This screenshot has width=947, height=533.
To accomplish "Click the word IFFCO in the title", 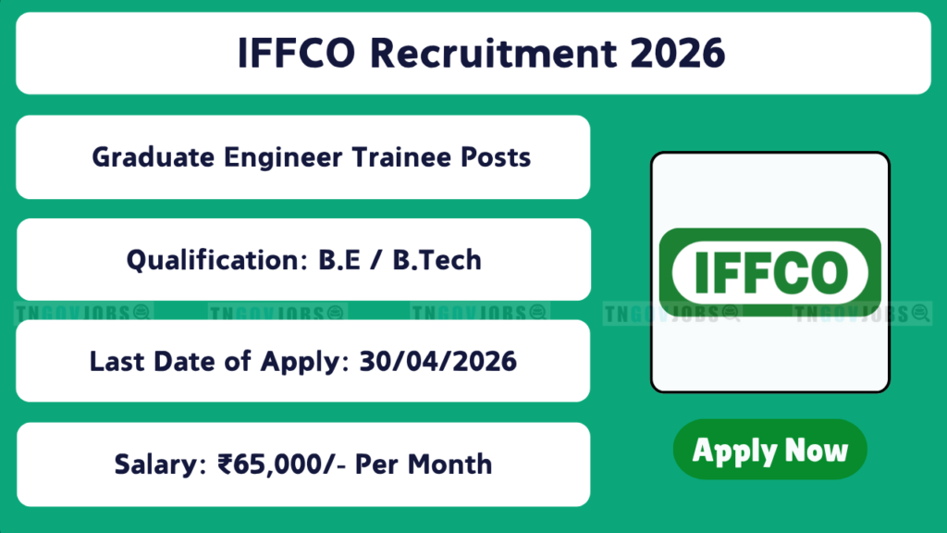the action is tap(297, 53).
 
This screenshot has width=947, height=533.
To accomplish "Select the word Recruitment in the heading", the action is tap(494, 53).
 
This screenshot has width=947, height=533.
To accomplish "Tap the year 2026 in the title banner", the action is tap(678, 53).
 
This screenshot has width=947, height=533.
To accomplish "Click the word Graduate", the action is tap(154, 157).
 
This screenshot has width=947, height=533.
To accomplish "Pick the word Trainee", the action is tap(401, 157).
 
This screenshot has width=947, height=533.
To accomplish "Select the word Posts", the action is tap(496, 157).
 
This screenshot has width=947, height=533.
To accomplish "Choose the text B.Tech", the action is tap(437, 260).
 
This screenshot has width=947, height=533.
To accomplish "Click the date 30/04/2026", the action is tap(437, 362).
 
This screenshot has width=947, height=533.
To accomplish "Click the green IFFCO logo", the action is tap(770, 272).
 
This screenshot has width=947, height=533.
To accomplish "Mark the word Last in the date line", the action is tap(117, 362).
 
